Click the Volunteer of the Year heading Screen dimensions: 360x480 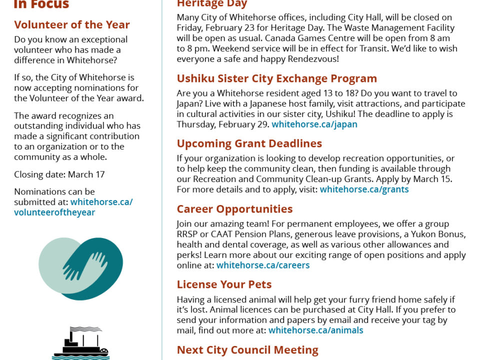[x=72, y=24]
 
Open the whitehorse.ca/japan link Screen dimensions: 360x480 [x=314, y=124]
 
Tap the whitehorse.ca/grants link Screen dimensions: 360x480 [x=364, y=189]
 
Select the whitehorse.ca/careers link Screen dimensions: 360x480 [x=263, y=265]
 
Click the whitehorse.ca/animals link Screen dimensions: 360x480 [x=315, y=330]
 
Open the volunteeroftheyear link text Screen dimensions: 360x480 [x=54, y=212]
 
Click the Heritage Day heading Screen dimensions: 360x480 [x=212, y=4]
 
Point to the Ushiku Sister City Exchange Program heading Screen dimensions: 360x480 [x=276, y=78]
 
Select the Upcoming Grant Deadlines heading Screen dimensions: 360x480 [x=249, y=143]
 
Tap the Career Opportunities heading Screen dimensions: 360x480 [x=234, y=209]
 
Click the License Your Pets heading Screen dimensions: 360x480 [x=224, y=284]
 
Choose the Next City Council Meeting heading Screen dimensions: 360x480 [x=247, y=349]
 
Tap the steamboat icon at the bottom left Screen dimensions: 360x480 [x=80, y=343]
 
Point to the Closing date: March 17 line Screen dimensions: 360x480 [x=59, y=175]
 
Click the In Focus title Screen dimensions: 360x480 [x=41, y=5]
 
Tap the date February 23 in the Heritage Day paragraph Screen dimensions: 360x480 [x=238, y=28]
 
